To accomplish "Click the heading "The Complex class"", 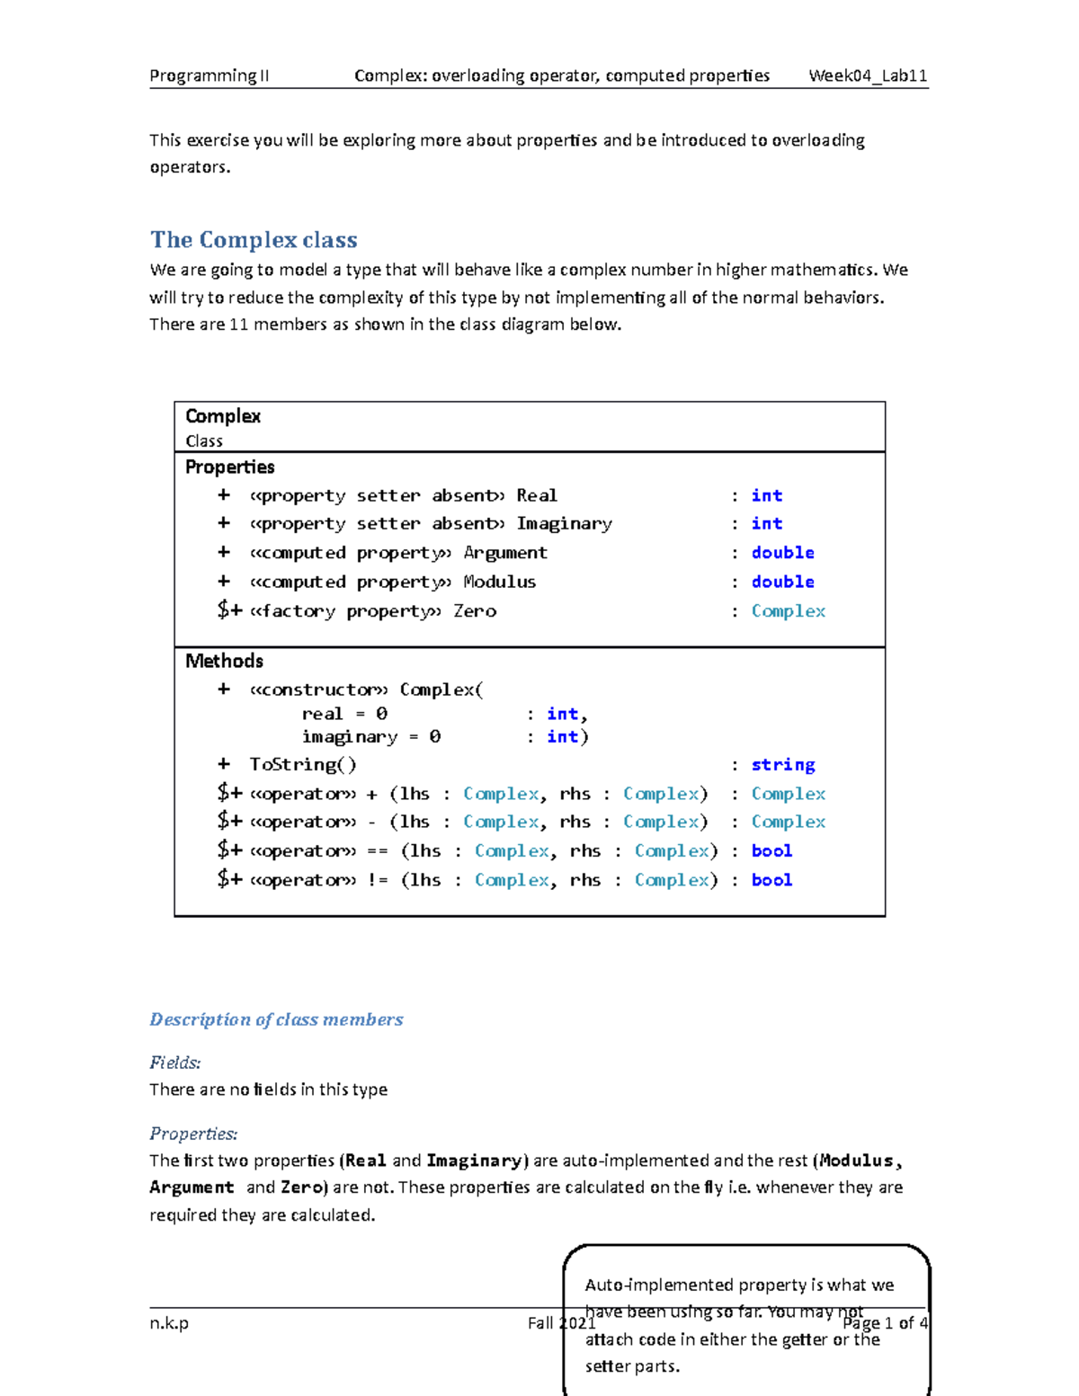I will pyautogui.click(x=254, y=240).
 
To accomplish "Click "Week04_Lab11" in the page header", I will pyautogui.click(x=868, y=76).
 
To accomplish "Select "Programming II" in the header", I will pyautogui.click(x=209, y=76).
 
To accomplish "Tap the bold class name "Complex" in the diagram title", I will pyautogui.click(x=223, y=416).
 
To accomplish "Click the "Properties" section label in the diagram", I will pyautogui.click(x=229, y=467).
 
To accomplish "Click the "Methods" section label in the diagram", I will pyautogui.click(x=224, y=662).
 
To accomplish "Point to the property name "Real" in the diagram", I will pyautogui.click(x=537, y=496).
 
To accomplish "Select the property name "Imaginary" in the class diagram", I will pyautogui.click(x=564, y=524).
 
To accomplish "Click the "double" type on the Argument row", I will pyautogui.click(x=782, y=553).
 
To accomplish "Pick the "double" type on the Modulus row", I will pyautogui.click(x=782, y=582).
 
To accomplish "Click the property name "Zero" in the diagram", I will pyautogui.click(x=475, y=611).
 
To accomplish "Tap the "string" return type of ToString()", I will pyautogui.click(x=782, y=765).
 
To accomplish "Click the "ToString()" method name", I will pyautogui.click(x=303, y=765).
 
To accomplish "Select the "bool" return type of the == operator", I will pyautogui.click(x=771, y=851).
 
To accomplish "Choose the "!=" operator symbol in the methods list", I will pyautogui.click(x=378, y=881).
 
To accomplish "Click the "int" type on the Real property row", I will pyautogui.click(x=767, y=496).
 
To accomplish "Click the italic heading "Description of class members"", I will pyautogui.click(x=276, y=1019).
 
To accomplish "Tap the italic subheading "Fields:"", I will pyautogui.click(x=175, y=1063).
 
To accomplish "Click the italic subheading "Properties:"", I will pyautogui.click(x=193, y=1134).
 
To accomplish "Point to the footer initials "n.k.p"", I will pyautogui.click(x=169, y=1323).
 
